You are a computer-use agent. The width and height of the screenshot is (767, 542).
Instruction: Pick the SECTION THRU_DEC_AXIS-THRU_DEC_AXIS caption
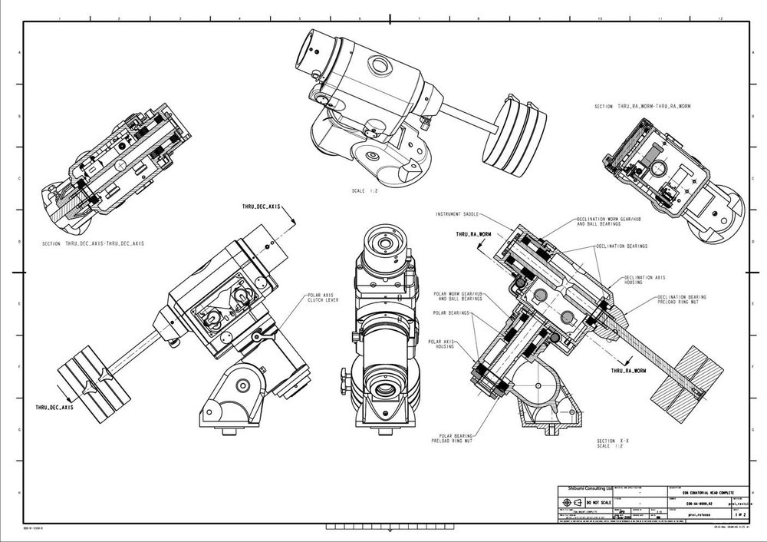94,243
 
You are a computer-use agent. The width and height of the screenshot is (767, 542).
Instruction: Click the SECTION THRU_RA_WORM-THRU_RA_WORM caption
643,107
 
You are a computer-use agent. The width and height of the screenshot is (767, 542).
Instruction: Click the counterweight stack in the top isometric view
514,131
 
